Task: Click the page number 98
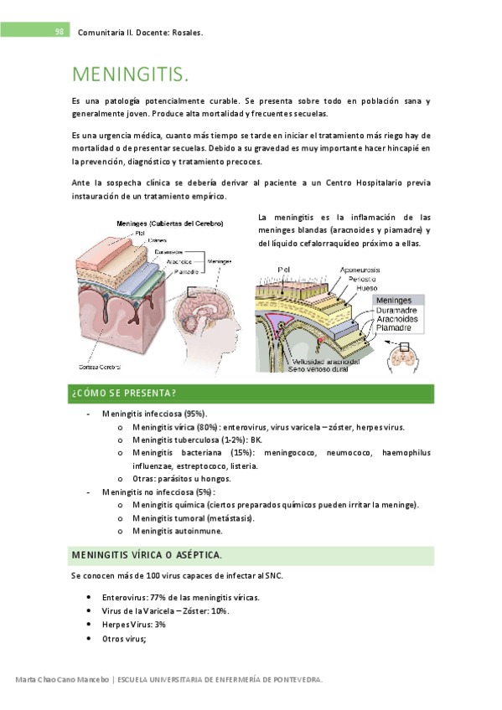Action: coord(60,32)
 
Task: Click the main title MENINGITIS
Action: coord(131,75)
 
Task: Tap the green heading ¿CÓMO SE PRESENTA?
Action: coord(124,393)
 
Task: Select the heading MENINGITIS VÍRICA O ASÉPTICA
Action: coord(147,555)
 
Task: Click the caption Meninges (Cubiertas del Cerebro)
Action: coord(170,224)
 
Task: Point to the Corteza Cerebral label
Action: coord(100,367)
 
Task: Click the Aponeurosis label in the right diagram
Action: coord(360,270)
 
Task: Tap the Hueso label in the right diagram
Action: coord(366,288)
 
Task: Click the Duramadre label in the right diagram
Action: coord(396,310)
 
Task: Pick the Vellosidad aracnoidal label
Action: coord(326,362)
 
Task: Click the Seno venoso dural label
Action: coord(318,369)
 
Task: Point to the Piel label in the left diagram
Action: coord(140,234)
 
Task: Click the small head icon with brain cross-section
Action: coord(403,358)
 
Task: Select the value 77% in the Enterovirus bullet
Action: coord(158,598)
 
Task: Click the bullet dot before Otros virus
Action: coord(89,639)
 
